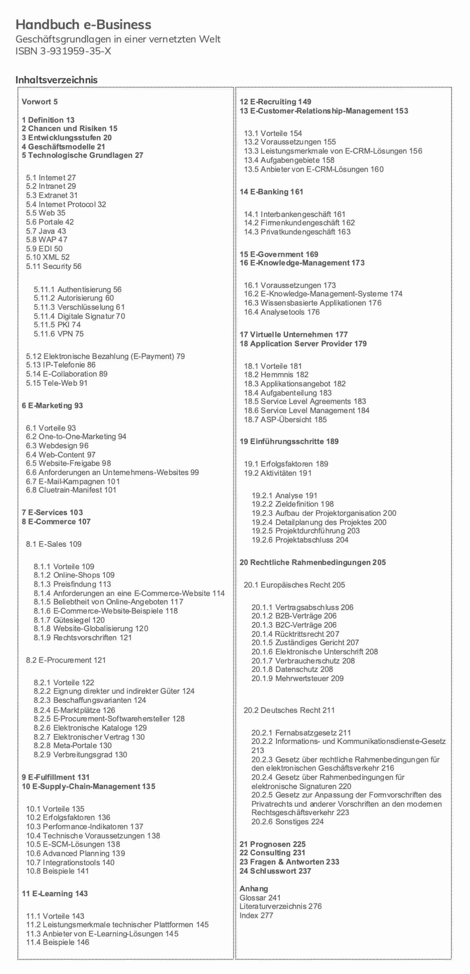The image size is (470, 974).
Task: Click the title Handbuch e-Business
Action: click(83, 25)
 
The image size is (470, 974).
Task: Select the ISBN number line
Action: click(63, 51)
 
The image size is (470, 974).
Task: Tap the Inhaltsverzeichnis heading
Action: click(56, 80)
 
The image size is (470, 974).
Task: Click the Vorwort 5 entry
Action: click(40, 102)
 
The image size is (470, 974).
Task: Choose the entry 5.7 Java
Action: click(46, 231)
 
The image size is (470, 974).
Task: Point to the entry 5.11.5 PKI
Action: click(57, 325)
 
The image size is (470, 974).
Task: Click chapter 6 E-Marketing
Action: click(52, 406)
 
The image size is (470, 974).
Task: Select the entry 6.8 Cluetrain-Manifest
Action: click(71, 490)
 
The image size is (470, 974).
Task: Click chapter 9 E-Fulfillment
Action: click(56, 778)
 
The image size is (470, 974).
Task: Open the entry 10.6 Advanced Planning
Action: click(76, 854)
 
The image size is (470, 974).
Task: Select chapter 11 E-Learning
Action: click(55, 893)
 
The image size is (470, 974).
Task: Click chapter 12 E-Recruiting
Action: click(275, 102)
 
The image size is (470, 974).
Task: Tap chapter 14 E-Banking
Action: click(271, 192)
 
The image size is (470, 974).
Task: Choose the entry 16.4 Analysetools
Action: click(281, 312)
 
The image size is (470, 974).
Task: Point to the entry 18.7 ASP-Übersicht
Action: click(285, 419)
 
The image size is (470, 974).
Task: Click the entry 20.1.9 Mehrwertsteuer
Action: click(297, 678)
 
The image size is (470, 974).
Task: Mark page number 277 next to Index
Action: click(267, 916)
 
